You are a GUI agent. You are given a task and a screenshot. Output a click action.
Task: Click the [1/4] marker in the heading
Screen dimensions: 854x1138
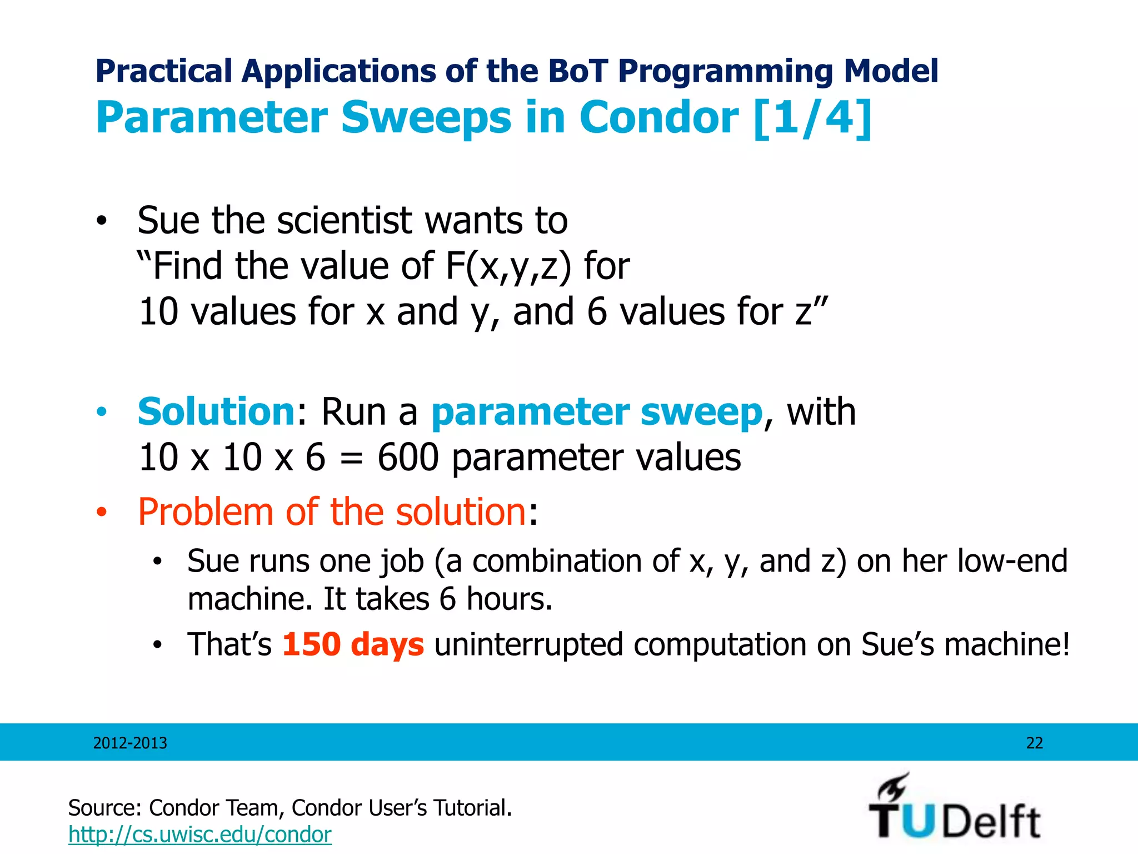pyautogui.click(x=812, y=117)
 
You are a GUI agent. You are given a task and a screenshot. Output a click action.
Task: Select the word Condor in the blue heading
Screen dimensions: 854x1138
pyautogui.click(x=659, y=117)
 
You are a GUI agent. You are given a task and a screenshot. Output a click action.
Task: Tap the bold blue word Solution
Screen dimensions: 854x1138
pyautogui.click(x=216, y=412)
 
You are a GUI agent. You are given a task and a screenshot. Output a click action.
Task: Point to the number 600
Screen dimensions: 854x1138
pyautogui.click(x=408, y=458)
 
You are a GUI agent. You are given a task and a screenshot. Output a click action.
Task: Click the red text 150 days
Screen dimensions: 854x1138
pyautogui.click(x=353, y=644)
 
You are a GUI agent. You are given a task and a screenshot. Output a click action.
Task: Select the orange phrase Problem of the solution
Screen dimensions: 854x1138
pyautogui.click(x=332, y=512)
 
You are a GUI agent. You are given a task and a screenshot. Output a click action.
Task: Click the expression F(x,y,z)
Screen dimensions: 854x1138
pyautogui.click(x=508, y=266)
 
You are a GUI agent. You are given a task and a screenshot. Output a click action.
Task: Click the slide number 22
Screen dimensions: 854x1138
pyautogui.click(x=1034, y=743)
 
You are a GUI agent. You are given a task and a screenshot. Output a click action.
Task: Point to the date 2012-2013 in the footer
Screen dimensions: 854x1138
pyautogui.click(x=130, y=743)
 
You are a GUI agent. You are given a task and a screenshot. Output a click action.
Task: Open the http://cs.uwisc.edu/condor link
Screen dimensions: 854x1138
pyautogui.click(x=199, y=835)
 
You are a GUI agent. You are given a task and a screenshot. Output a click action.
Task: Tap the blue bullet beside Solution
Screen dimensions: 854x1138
pyautogui.click(x=101, y=413)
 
